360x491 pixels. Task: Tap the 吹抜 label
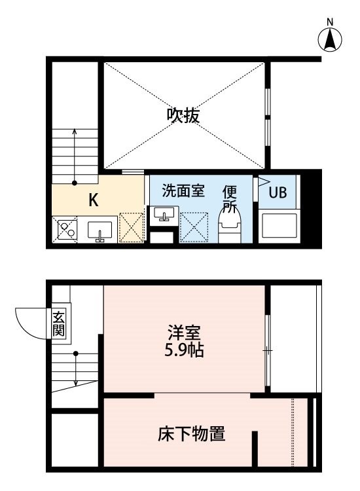pos(183,115)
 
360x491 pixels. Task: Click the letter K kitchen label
pos(94,200)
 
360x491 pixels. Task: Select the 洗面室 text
pos(183,191)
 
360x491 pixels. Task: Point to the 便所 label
pos(230,198)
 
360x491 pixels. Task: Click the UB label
pos(278,192)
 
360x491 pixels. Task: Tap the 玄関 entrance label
pos(58,324)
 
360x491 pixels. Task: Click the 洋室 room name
pos(184,332)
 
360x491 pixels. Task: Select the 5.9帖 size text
pos(184,350)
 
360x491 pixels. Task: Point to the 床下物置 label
pos(191,433)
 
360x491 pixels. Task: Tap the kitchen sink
pos(99,232)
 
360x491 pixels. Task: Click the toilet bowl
pos(230,227)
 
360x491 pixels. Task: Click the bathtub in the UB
pos(279,225)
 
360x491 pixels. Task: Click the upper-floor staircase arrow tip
pos(75,129)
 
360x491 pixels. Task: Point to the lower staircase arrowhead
pos(76,384)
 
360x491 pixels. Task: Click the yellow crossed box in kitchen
pos(132,227)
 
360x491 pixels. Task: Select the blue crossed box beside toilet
pos(194,227)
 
